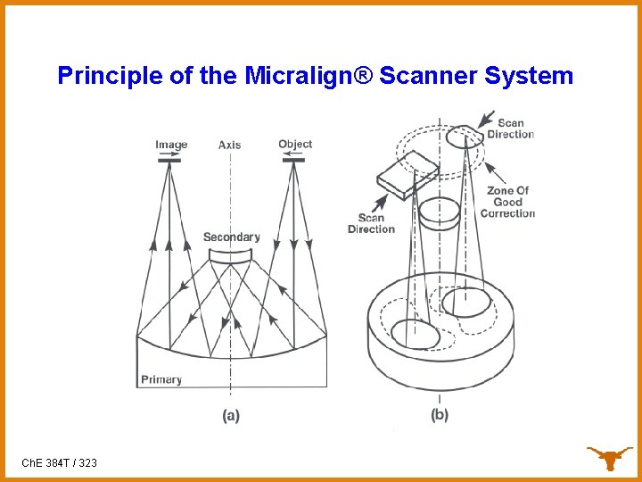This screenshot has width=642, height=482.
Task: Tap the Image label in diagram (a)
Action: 171,145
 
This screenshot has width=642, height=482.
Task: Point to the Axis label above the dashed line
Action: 230,145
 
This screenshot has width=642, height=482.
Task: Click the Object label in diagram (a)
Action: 295,144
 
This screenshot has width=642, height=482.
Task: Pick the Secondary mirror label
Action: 231,237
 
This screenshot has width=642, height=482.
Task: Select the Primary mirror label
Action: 161,379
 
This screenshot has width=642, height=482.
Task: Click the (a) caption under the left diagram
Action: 230,415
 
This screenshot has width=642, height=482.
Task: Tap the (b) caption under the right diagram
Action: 440,415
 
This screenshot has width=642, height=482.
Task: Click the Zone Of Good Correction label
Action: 507,202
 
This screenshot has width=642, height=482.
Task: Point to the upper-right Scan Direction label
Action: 510,129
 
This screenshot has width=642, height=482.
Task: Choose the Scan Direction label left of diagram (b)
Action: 371,223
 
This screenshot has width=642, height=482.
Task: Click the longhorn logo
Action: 609,458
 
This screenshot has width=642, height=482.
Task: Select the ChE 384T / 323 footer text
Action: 59,463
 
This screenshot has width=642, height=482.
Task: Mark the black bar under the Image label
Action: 169,162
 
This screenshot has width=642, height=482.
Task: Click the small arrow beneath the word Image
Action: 167,154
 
